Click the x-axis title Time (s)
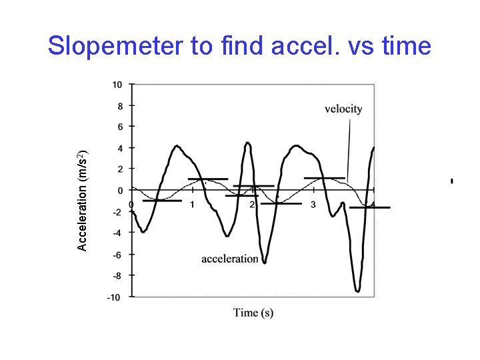point(253,312)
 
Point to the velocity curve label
point(343,109)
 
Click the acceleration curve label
point(230,259)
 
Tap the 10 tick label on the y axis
point(117,84)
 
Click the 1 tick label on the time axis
point(192,204)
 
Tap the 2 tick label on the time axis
point(252,204)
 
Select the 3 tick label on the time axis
point(313,204)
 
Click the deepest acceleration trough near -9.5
point(358,289)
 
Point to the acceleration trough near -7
point(265,261)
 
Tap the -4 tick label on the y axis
point(117,233)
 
